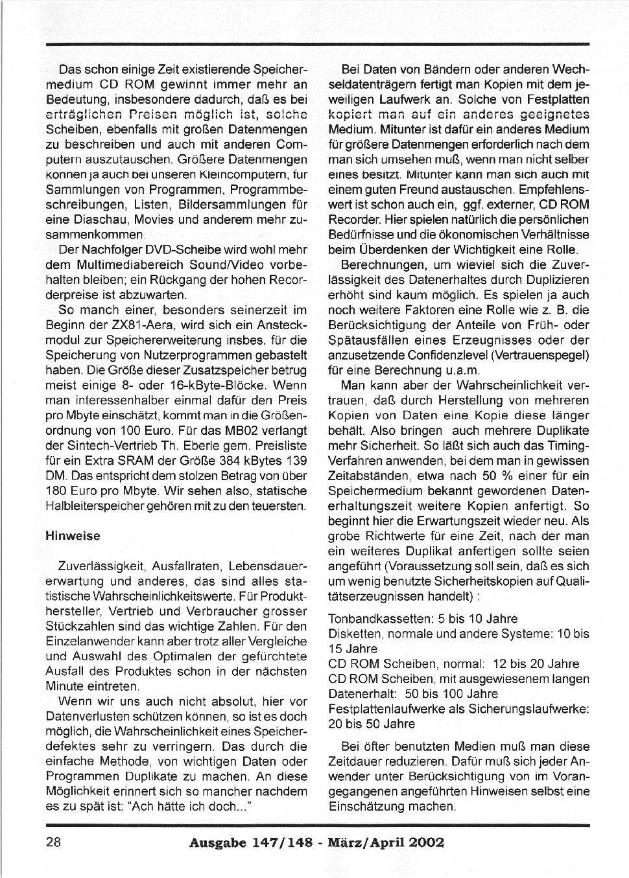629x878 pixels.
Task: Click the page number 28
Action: [53, 842]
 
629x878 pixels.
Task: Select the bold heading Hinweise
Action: [73, 537]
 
